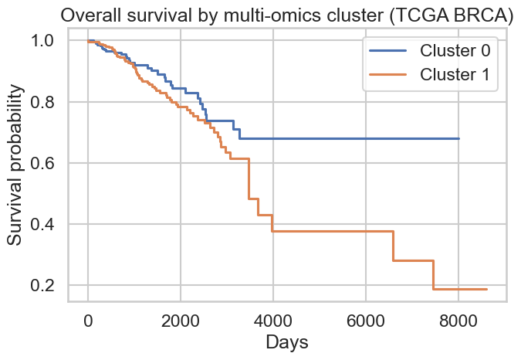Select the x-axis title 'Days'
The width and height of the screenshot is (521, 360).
(286, 342)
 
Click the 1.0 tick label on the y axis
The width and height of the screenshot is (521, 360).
(47, 41)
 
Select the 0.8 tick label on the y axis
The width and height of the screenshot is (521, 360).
(47, 102)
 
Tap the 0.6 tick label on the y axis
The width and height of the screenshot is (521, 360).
(47, 163)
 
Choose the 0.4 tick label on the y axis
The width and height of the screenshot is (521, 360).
(47, 224)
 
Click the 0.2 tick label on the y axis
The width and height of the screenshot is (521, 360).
(47, 286)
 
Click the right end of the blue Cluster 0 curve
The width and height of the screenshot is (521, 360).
(458, 138)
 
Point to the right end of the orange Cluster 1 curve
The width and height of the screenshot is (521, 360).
(486, 289)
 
